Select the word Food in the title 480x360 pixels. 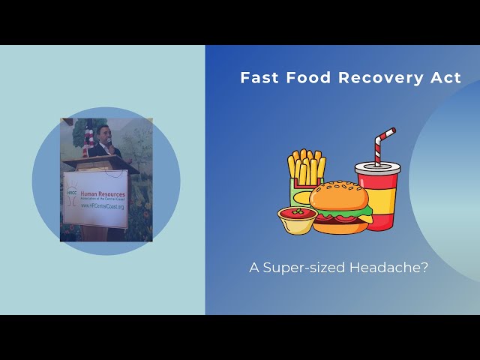pos(303,78)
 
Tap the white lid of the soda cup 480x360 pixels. pos(377,166)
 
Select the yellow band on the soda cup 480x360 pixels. pos(378,201)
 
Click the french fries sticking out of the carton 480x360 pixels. pos(307,166)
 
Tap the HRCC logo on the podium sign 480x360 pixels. pos(73,194)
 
